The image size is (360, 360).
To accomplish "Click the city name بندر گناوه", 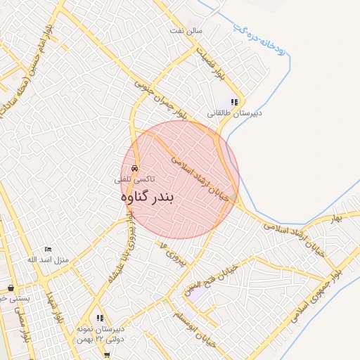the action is [x=147, y=198].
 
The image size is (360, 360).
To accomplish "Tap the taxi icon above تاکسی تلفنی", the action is [x=135, y=168].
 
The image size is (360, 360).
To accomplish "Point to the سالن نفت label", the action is [x=189, y=32].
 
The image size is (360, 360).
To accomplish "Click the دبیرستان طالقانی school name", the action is [x=234, y=112].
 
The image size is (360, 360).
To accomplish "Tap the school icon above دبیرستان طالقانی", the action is [x=234, y=101].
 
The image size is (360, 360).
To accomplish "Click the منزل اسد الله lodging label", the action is [x=48, y=260].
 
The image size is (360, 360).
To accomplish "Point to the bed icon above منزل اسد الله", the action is [x=48, y=250].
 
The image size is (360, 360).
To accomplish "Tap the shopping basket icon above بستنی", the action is [x=11, y=288].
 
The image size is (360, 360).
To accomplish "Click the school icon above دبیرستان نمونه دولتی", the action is [x=100, y=318].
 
